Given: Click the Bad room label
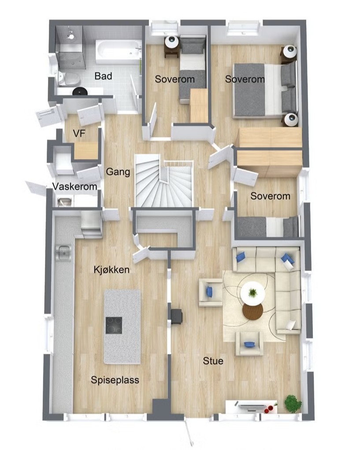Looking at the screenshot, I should (103, 76).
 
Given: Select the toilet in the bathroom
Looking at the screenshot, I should (70, 79).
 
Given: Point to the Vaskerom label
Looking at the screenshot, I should (74, 187).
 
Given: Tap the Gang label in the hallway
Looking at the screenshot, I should (118, 172).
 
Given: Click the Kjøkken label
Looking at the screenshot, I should (111, 270).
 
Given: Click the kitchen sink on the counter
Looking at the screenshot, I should (64, 253).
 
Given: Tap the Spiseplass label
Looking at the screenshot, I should (115, 380).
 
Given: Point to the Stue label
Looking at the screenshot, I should (213, 361).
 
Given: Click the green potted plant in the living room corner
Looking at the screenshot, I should (293, 403).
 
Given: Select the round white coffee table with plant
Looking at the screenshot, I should (252, 293).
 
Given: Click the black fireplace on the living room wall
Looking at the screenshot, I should (176, 316).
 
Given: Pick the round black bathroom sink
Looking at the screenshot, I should (80, 91).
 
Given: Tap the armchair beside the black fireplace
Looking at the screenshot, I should (210, 292).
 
